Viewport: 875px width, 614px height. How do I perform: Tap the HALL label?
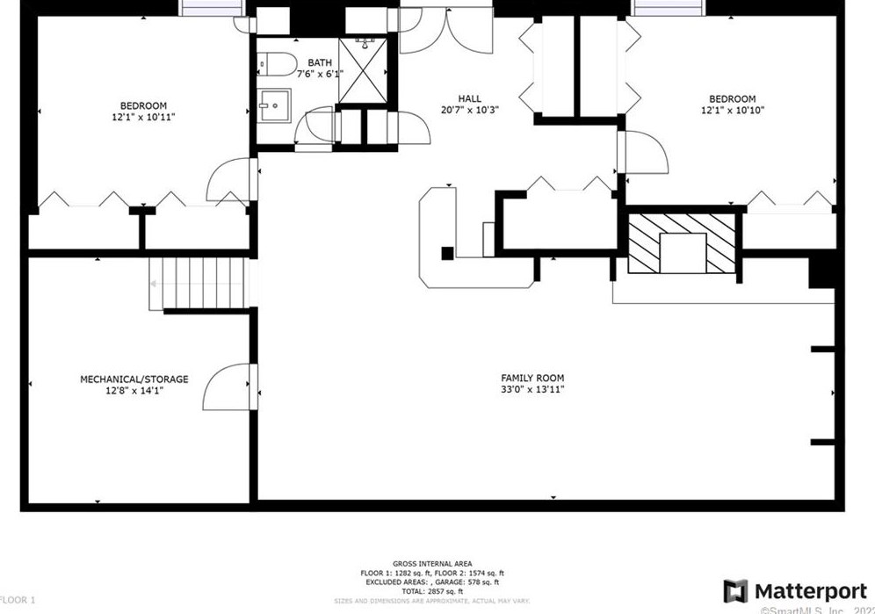pos(470,98)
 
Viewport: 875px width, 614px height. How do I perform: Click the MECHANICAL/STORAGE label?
pos(134,379)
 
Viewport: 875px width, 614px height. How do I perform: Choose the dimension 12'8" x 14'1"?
pos(134,391)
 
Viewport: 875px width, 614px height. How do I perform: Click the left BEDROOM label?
pos(143,105)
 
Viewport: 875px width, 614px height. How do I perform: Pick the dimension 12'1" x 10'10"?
pos(732,111)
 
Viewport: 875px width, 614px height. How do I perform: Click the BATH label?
pos(320,62)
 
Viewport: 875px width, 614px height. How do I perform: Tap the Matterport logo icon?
pos(735,591)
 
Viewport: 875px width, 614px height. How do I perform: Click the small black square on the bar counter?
pos(447,254)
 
